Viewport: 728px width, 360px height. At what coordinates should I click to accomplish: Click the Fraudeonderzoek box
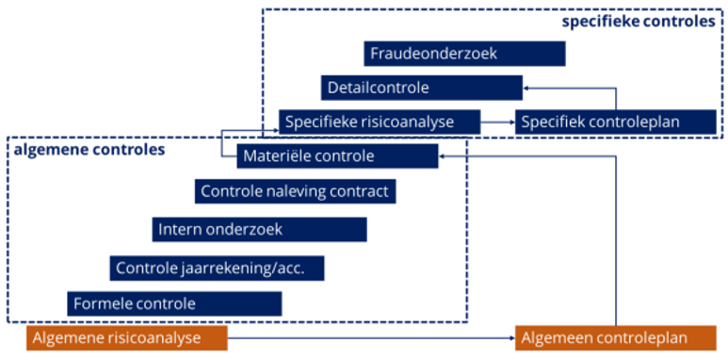tap(464, 54)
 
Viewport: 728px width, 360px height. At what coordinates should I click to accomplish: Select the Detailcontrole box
tap(421, 88)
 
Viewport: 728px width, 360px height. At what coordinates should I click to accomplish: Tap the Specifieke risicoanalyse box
tap(379, 122)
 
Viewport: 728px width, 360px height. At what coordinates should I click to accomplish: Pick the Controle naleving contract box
tap(295, 191)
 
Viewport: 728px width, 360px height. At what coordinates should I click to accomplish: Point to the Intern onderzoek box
tap(259, 229)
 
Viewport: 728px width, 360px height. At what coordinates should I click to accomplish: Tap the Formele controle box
tap(174, 303)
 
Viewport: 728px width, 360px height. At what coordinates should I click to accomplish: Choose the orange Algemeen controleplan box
tap(615, 337)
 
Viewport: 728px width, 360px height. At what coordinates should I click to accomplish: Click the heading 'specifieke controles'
tap(638, 21)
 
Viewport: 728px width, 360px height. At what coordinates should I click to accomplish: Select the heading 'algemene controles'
tap(89, 149)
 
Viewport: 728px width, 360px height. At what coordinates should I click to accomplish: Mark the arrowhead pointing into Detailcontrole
tap(527, 89)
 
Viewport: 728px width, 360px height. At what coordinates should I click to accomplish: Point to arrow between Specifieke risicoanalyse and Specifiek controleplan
tap(497, 122)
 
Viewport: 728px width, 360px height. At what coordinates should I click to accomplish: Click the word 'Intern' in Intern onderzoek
tap(178, 229)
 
